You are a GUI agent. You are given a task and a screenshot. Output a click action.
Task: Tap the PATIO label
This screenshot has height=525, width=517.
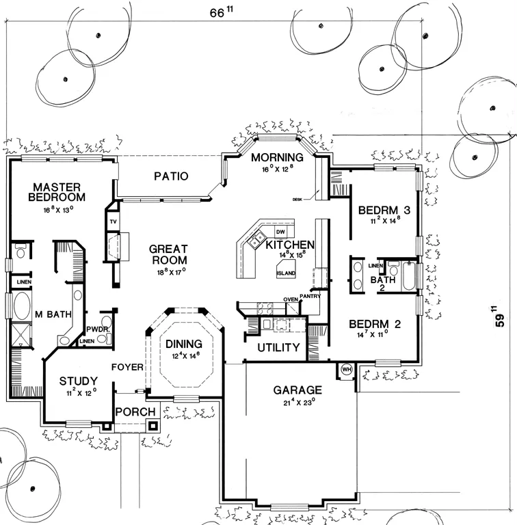(170, 176)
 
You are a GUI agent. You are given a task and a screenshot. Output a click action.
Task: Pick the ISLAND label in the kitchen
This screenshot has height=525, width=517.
(286, 273)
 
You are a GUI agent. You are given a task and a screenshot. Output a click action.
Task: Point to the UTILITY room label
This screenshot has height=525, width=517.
(278, 347)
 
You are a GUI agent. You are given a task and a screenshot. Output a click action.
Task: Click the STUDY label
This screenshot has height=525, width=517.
(77, 381)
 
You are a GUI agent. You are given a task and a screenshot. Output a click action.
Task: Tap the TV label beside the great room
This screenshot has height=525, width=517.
(113, 222)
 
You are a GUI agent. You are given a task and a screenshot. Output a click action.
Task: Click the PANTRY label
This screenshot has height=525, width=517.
(310, 296)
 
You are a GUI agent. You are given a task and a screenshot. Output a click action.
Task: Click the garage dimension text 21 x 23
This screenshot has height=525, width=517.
(296, 401)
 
